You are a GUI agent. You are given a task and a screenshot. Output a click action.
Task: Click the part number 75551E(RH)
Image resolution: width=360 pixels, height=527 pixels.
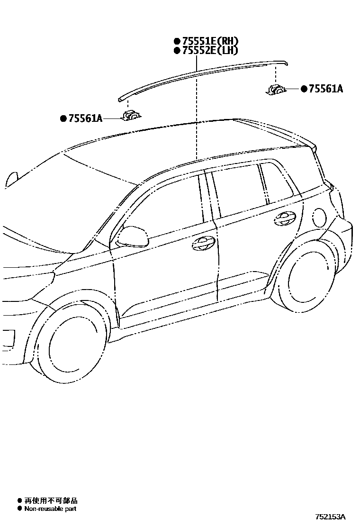209,41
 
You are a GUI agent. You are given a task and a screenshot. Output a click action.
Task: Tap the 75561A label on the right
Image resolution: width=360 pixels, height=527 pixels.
325,89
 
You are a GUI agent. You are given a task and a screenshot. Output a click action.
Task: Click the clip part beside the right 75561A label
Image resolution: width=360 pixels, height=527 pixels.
275,89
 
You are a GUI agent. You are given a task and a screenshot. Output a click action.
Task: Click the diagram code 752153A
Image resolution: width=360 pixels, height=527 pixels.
331,517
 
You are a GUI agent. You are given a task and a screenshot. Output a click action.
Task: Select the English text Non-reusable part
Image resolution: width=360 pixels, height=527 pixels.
50,509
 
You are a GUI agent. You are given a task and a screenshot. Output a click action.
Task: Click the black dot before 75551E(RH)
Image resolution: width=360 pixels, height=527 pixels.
177,41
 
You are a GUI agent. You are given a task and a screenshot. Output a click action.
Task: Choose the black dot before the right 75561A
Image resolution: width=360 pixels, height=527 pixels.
304,89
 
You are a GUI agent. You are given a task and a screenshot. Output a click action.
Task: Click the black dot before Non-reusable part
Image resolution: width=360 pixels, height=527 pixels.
19,509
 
